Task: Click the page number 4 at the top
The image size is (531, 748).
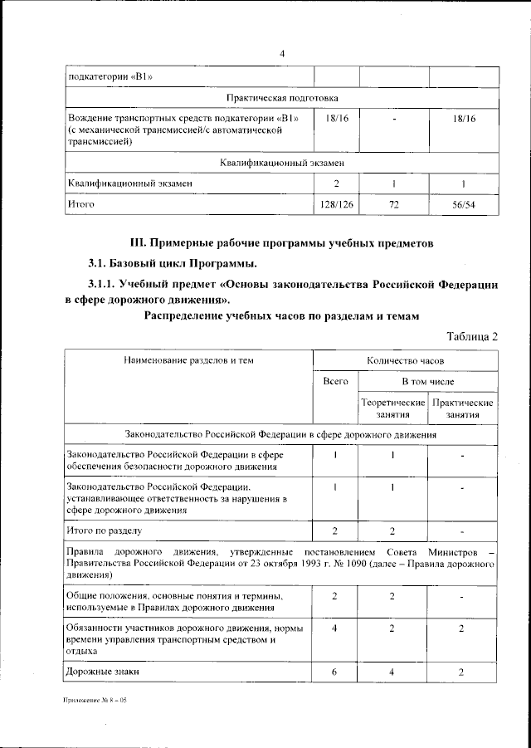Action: pyautogui.click(x=282, y=54)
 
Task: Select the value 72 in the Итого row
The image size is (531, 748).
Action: pyautogui.click(x=395, y=203)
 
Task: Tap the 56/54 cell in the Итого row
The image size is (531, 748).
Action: pyautogui.click(x=464, y=203)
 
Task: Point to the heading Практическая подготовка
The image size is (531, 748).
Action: pyautogui.click(x=282, y=97)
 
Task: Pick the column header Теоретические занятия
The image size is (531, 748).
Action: pyautogui.click(x=394, y=408)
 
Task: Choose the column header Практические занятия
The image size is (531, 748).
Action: pyautogui.click(x=464, y=408)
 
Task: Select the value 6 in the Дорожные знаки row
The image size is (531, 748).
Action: pyautogui.click(x=334, y=672)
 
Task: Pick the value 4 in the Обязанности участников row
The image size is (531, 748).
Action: pyautogui.click(x=334, y=628)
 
